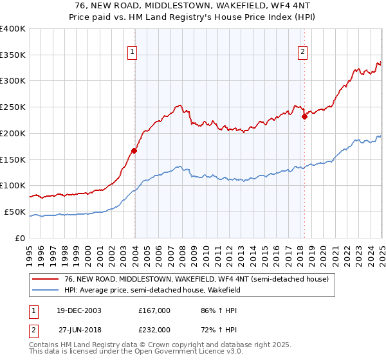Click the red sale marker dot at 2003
(x=134, y=150)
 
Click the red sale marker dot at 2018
(x=305, y=116)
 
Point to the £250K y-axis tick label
(x=13, y=107)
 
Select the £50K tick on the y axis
(x=15, y=212)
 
